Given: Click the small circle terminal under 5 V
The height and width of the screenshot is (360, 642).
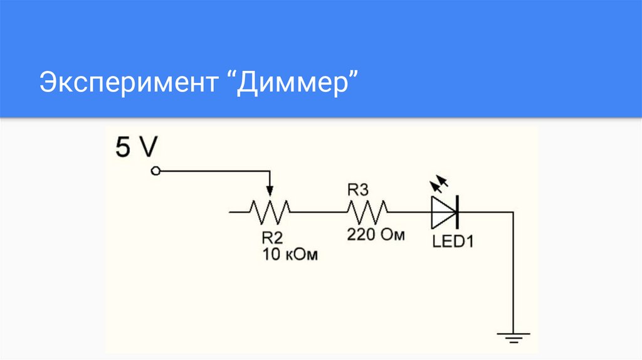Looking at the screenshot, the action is point(156,171).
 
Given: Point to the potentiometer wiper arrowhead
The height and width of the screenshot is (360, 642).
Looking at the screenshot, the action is point(270,191).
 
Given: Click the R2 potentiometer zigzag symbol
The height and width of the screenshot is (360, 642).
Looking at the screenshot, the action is point(270,212).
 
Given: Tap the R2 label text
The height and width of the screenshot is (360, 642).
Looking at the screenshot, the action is point(273,238).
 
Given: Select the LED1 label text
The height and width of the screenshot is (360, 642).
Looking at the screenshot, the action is point(452,241).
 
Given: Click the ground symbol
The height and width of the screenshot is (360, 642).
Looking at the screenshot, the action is point(513,338).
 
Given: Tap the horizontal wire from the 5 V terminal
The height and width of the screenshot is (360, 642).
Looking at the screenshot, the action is point(213,171).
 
